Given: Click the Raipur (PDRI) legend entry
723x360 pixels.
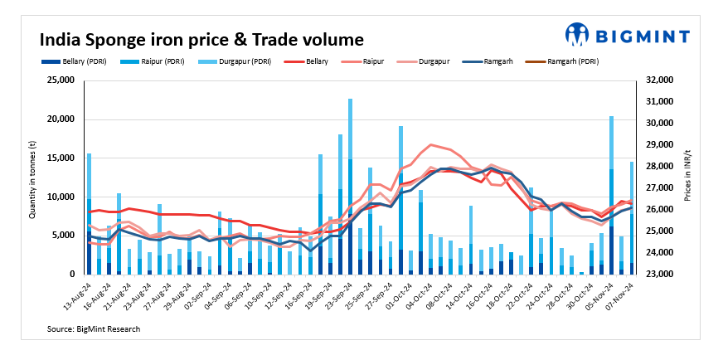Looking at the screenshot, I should tap(158, 61).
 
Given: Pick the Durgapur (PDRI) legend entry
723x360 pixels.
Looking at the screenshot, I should tap(240, 61).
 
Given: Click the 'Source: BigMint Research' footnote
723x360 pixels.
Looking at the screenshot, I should tap(94, 329).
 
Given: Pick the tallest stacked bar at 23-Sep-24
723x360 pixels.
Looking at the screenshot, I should tap(351, 187).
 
